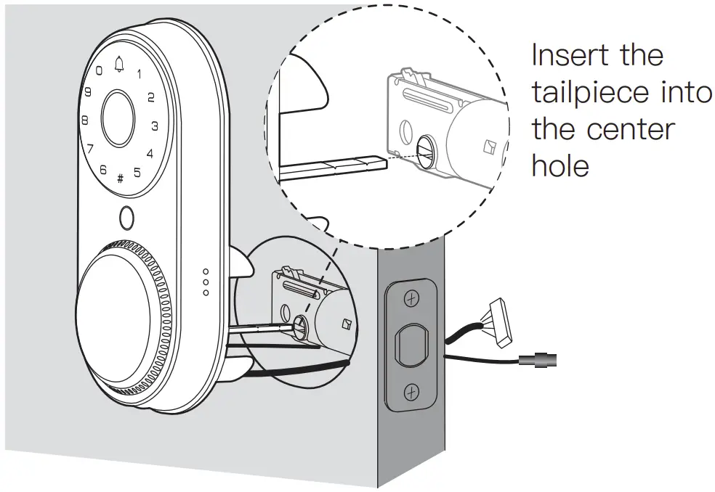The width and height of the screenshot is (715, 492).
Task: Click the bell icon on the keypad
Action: tap(119, 65)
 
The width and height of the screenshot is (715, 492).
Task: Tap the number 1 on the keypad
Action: tap(139, 73)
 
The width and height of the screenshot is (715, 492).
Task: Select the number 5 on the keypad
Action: tap(137, 172)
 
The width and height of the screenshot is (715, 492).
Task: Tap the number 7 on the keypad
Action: tap(90, 149)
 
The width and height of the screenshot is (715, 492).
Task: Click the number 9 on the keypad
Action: tap(87, 92)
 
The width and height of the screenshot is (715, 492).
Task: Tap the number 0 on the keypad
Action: tap(99, 71)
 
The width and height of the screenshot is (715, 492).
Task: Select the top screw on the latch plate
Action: tap(411, 298)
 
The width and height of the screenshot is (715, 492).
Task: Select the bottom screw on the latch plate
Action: tap(411, 393)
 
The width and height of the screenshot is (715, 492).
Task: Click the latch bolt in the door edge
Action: tap(411, 345)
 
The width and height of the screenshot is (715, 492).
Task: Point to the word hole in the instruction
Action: tap(560, 166)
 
